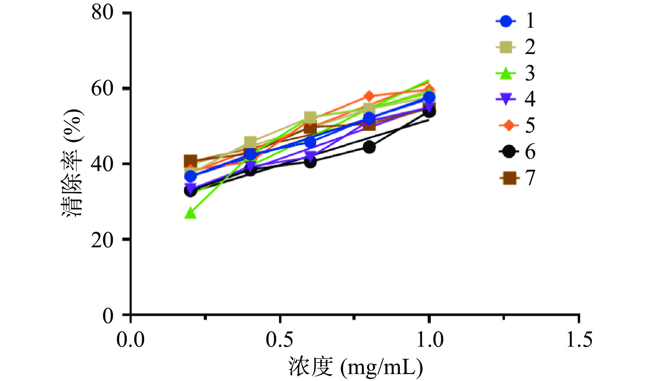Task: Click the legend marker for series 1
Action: [506, 21]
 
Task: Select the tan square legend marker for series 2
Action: [506, 47]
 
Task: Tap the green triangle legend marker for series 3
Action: [506, 73]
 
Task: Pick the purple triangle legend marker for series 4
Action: [506, 99]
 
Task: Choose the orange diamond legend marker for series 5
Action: [508, 125]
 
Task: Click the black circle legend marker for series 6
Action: [508, 151]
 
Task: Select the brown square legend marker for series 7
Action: [508, 178]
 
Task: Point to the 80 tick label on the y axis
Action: [103, 13]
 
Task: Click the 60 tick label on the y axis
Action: [103, 88]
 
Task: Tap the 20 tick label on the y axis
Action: [103, 240]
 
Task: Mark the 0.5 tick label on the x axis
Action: [279, 339]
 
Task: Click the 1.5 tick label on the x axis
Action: [579, 339]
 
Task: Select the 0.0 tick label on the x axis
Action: [130, 339]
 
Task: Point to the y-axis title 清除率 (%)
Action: [73, 163]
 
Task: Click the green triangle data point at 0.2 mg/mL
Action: [190, 213]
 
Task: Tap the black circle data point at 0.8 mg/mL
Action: [369, 147]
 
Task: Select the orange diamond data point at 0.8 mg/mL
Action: [369, 96]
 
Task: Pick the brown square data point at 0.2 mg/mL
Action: [190, 161]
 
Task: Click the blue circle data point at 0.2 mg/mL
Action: [190, 177]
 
